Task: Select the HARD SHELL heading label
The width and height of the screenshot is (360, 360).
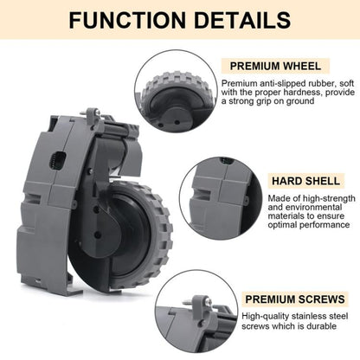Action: [x=298, y=182]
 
